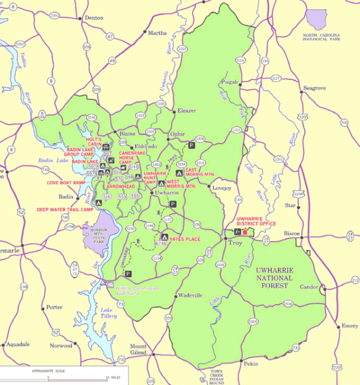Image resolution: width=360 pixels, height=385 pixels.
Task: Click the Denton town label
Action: pos(94,18)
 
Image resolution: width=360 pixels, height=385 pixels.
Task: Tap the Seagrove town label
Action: pos(315,88)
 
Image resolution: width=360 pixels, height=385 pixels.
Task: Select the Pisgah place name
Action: pos(229,81)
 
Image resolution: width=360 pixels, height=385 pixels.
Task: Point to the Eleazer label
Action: pos(187,110)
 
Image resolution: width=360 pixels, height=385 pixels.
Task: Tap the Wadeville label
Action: pos(190,296)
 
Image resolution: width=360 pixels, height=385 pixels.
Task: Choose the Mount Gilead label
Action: pos(138,350)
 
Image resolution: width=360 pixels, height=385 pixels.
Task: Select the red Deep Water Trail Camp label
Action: pos(65,210)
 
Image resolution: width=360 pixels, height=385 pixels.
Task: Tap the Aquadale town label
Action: pos(18,344)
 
